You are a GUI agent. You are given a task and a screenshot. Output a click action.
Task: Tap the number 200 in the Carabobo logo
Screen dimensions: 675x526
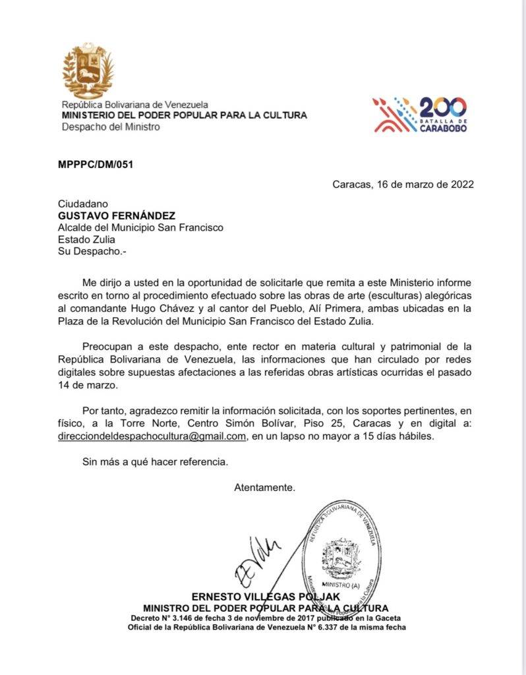click(442, 107)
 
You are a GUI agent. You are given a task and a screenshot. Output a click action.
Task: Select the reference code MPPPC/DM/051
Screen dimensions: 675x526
click(95, 165)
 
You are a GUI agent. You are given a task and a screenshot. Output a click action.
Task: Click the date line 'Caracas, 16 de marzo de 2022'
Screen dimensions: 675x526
click(403, 185)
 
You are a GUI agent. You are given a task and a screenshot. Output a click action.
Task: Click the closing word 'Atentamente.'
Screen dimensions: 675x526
click(264, 487)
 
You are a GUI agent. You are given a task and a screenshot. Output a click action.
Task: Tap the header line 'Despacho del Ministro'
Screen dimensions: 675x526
click(110, 127)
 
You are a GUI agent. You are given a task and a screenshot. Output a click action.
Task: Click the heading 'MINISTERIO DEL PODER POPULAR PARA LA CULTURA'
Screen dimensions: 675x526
click(184, 115)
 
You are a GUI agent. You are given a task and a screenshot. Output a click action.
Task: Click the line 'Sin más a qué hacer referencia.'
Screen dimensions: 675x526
click(155, 461)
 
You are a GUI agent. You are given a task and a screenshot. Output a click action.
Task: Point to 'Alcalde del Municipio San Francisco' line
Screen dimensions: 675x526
click(140, 227)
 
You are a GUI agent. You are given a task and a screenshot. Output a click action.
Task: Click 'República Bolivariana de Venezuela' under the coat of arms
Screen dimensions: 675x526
click(134, 104)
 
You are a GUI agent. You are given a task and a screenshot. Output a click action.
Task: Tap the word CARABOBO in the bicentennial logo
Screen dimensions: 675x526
click(443, 129)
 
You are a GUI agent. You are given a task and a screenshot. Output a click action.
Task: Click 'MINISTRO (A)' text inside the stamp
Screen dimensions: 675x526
click(341, 584)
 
